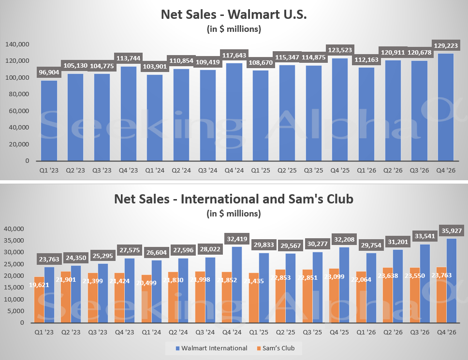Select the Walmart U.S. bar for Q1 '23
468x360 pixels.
point(49,121)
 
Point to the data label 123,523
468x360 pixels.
point(340,50)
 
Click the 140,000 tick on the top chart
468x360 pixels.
point(17,44)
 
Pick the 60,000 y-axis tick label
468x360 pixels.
point(19,111)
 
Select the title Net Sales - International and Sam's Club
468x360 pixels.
point(234,198)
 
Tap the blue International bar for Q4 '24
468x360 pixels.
point(237,285)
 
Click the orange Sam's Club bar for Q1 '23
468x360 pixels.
point(39,300)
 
